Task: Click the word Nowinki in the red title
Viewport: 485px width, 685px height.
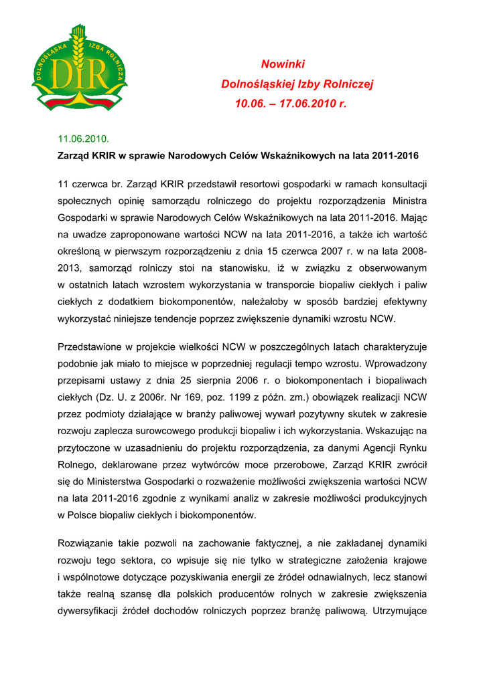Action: tap(283, 64)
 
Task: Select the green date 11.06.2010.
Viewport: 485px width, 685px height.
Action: tap(83, 138)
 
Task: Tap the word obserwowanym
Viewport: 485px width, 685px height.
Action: tap(393, 268)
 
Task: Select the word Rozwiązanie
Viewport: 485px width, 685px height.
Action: tap(88, 543)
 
